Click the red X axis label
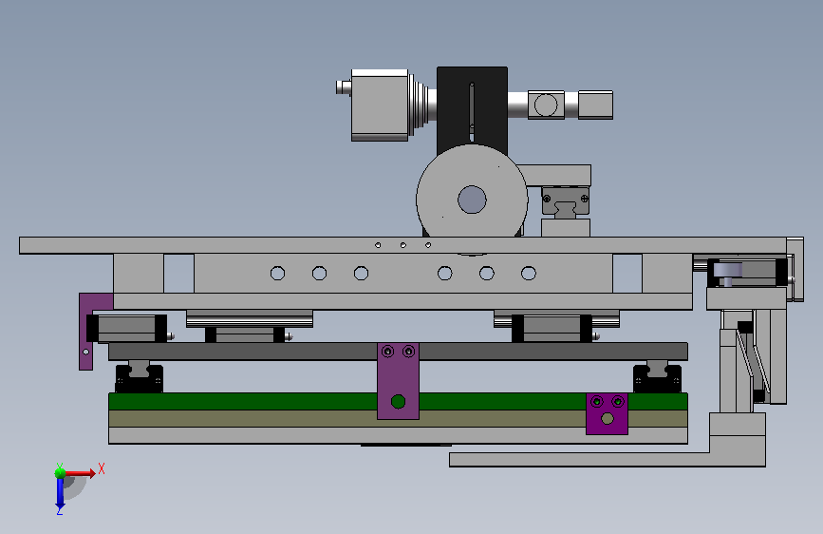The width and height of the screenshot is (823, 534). click(x=102, y=468)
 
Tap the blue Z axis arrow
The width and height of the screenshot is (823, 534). click(x=60, y=494)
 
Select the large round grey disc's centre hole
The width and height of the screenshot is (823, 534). click(x=472, y=200)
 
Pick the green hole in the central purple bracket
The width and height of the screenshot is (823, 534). click(x=398, y=402)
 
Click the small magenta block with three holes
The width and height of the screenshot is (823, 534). click(x=607, y=413)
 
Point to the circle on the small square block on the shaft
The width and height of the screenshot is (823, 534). click(x=546, y=105)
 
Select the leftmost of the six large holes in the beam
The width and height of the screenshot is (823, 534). click(x=278, y=274)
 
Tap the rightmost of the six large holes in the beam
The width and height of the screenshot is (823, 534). click(x=529, y=274)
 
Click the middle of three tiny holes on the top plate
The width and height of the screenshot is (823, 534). click(x=403, y=245)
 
